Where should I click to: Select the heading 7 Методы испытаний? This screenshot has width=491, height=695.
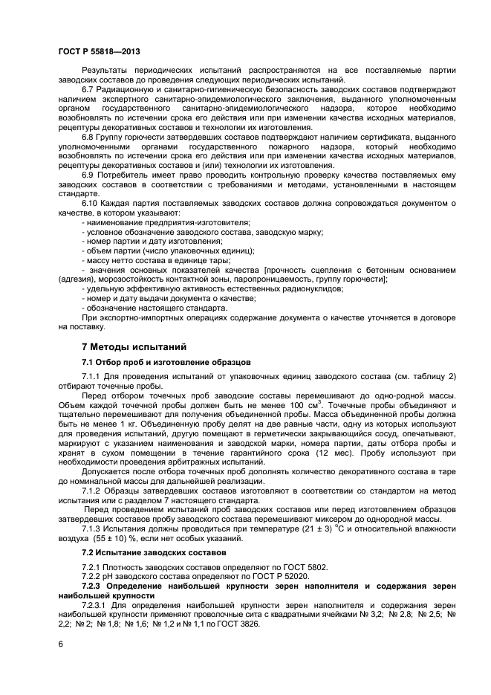coord(129,347)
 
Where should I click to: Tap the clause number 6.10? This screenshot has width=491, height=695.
coord(91,202)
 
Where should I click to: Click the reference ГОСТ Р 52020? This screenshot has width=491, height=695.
coord(281,576)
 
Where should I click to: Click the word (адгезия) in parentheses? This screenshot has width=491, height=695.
coord(78,279)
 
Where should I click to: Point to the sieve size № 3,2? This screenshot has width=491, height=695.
coord(385,615)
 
